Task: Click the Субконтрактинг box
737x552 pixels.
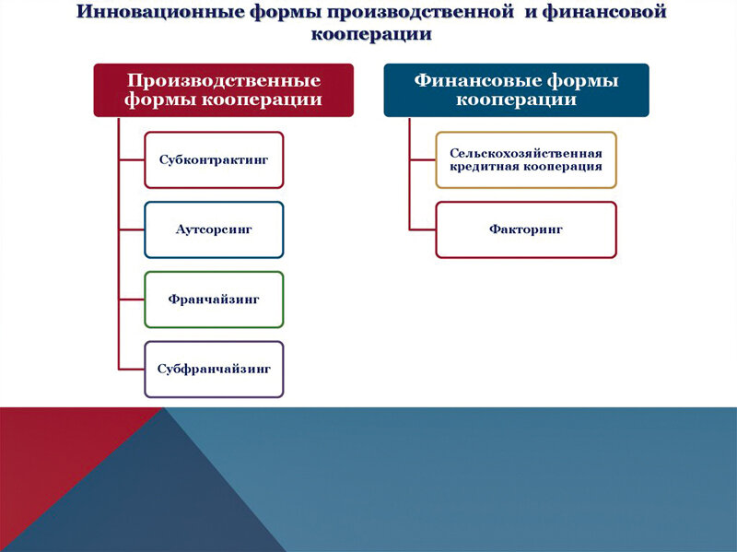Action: (214, 159)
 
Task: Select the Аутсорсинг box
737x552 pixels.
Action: (214, 229)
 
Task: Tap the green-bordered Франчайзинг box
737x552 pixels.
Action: (214, 299)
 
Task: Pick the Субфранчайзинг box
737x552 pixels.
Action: (214, 369)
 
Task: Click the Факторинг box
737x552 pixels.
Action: (525, 229)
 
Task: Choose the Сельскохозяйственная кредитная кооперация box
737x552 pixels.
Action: (525, 159)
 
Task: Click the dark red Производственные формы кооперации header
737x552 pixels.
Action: (223, 89)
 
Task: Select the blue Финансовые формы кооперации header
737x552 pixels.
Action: (516, 89)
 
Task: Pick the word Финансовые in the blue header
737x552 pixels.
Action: (469, 80)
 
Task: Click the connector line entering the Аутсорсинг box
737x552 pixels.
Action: (131, 229)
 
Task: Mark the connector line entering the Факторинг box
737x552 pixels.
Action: (422, 229)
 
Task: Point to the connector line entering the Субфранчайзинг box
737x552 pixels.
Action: (131, 369)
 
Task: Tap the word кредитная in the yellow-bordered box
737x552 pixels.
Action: (483, 167)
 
